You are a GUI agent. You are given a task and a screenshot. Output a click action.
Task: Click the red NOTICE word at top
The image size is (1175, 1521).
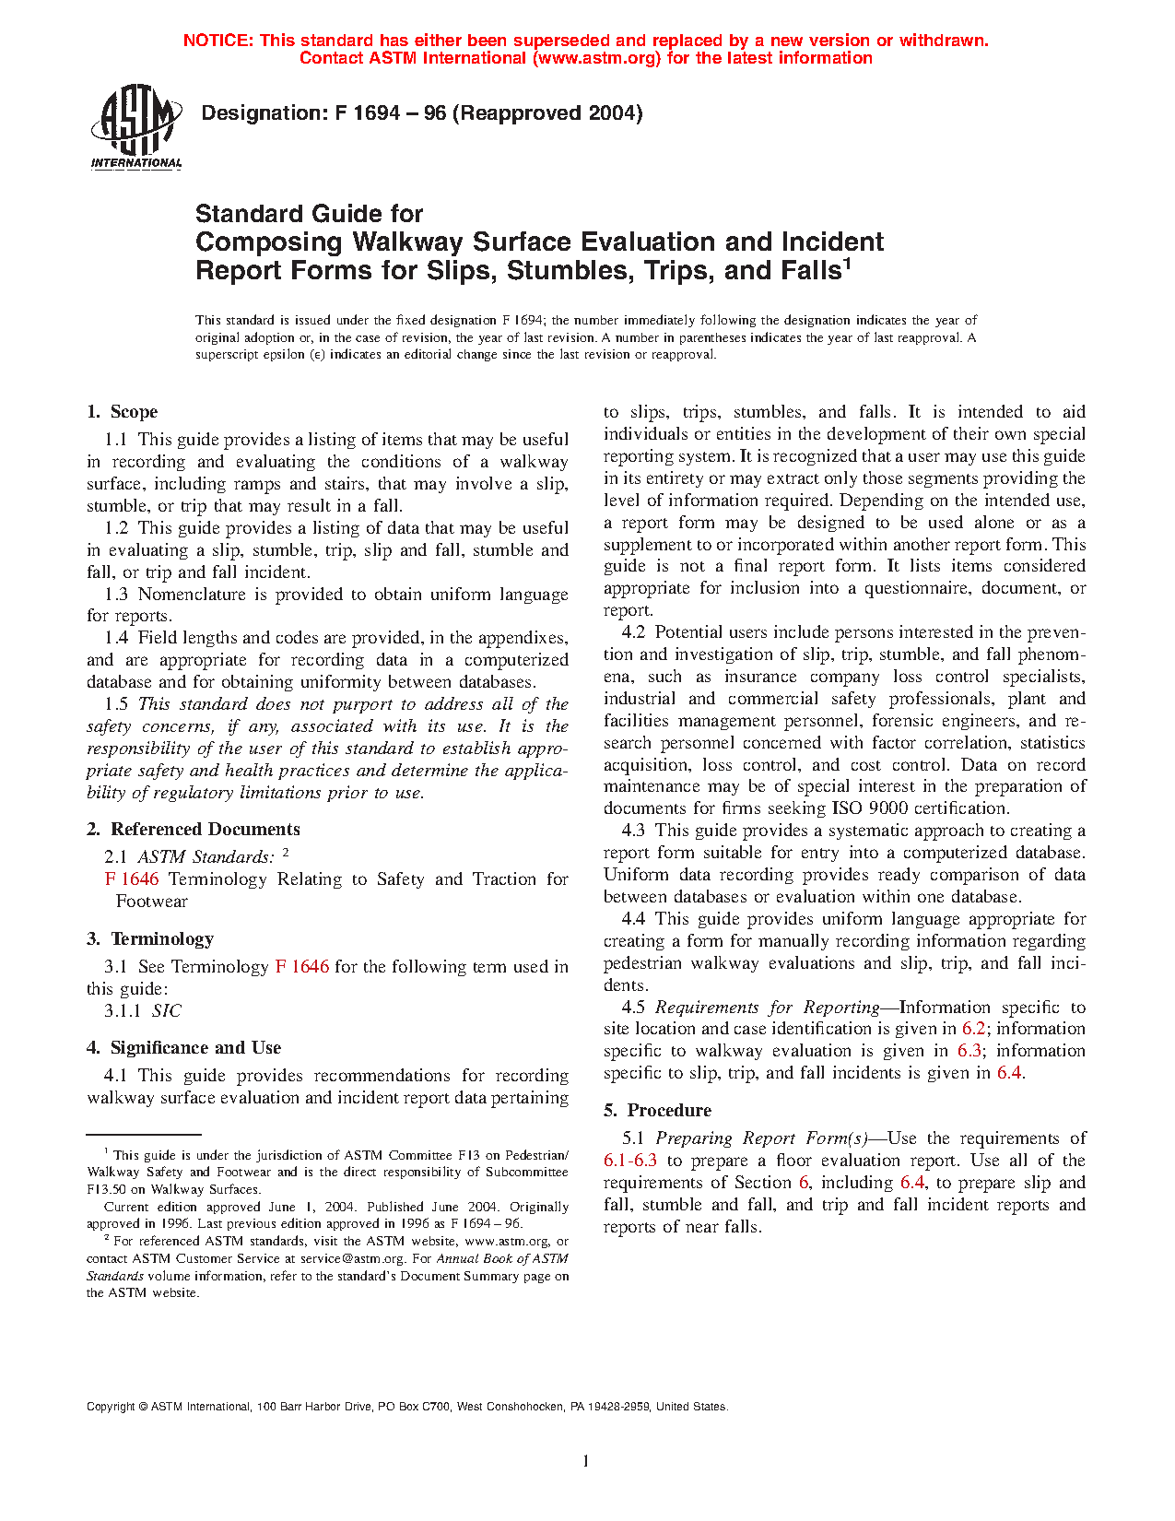coord(217,41)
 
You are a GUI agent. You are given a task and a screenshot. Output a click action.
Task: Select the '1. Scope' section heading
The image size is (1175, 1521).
coord(122,412)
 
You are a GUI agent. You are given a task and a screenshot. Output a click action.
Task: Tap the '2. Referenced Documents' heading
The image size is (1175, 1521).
coord(194,830)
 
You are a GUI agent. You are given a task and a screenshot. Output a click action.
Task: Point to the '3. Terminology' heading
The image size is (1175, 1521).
coord(150,939)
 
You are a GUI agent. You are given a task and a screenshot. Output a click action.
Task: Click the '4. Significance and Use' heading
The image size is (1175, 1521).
coord(183,1048)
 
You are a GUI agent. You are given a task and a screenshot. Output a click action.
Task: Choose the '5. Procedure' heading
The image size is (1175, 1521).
coord(657,1111)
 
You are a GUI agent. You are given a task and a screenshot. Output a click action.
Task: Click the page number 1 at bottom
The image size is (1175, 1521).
coord(585,1460)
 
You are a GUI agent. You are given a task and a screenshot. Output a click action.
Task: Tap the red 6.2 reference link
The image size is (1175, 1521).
coord(974,1029)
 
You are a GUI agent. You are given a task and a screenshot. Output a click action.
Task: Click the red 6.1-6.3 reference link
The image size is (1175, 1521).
coord(630,1161)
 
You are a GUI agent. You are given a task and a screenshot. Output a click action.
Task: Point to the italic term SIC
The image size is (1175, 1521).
coord(167,1011)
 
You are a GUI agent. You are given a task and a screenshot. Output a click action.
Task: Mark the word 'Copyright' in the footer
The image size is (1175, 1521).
coord(111,1408)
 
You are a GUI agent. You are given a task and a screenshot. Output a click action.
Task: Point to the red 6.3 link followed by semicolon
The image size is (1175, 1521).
coord(969,1051)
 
